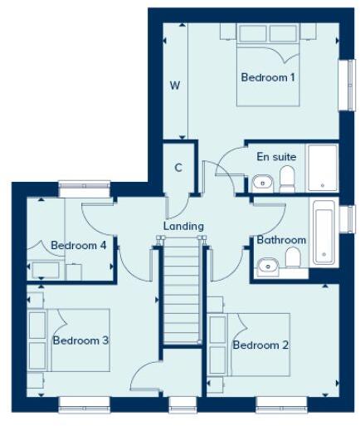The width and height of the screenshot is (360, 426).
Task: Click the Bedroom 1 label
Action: (268, 77)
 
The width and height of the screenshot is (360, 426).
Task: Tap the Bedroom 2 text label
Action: (260, 345)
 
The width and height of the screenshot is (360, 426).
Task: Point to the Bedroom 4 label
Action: (78, 246)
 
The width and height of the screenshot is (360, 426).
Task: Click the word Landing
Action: (183, 225)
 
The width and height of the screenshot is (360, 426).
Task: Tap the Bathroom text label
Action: (281, 240)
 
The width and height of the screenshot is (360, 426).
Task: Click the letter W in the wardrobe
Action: (175, 85)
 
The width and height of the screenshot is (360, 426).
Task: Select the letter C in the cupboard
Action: (178, 166)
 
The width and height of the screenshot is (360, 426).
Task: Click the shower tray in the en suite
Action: (321, 169)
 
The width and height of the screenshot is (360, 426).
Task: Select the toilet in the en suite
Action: (287, 178)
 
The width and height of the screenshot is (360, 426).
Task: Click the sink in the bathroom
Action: (267, 267)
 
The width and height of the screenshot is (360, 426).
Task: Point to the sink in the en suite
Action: (261, 181)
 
